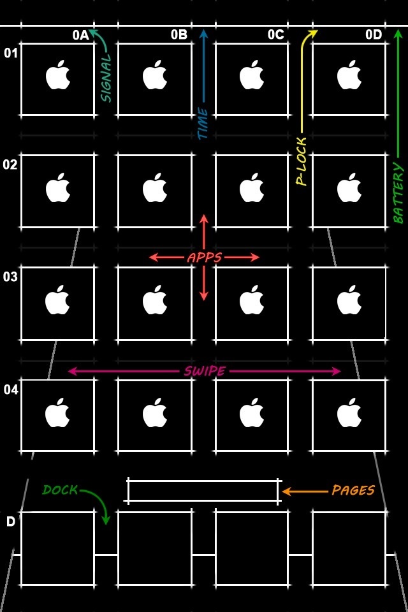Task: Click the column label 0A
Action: [81, 35]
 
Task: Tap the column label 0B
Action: [179, 34]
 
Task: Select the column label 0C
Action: [276, 34]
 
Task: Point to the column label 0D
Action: [374, 34]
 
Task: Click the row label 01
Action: [11, 53]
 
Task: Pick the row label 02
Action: [10, 164]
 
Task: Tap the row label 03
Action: [10, 277]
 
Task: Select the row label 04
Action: [11, 390]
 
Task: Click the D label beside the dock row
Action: [11, 521]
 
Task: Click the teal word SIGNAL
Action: [106, 78]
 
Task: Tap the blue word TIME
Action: [203, 123]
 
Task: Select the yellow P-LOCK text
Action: [302, 161]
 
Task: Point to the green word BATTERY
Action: [398, 193]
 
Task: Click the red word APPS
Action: [205, 258]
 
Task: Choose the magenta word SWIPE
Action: [205, 371]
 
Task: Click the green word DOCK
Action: [60, 490]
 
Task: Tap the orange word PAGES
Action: [353, 490]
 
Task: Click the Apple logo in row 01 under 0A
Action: [58, 75]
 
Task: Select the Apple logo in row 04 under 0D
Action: [349, 412]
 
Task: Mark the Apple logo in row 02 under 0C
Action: [252, 187]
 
